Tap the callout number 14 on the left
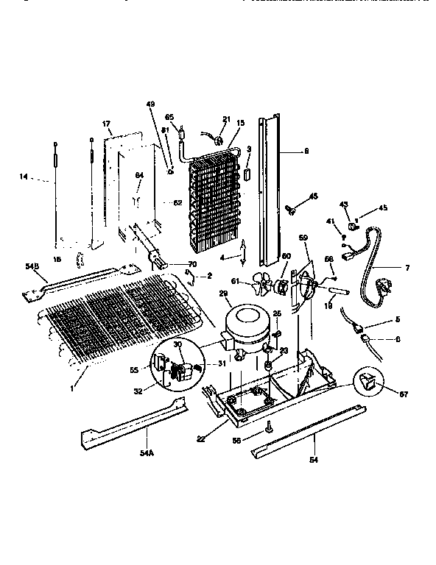click(24, 176)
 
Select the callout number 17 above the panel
click(106, 124)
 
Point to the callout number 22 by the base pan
click(202, 438)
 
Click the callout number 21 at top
click(226, 119)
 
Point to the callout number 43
click(344, 204)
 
